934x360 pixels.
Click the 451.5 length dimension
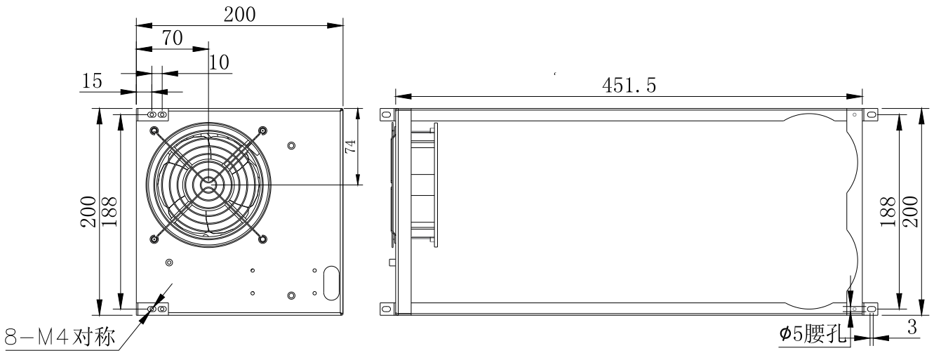629,85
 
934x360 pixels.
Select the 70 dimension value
173,39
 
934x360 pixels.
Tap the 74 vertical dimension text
351,146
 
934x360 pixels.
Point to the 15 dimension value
93,81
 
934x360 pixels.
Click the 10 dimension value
219,62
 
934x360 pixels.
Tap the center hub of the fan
208,184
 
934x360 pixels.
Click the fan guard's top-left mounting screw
154,130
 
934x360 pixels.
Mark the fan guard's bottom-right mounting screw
263,239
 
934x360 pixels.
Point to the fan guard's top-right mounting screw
263,130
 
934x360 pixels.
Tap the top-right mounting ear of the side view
871,114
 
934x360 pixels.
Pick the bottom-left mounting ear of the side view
385,308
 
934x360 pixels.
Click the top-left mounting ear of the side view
385,114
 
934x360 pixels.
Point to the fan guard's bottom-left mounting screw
154,239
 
